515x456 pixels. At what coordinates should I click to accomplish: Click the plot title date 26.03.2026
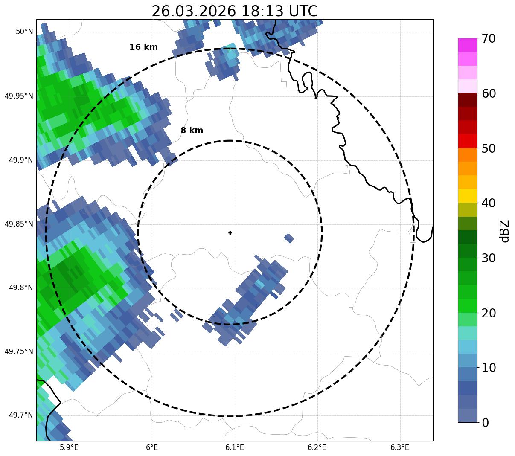tap(193, 11)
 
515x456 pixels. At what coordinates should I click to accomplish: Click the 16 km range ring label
tap(143, 47)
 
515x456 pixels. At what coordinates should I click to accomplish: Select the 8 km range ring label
tap(192, 131)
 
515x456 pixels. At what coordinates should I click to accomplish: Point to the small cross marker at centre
tap(230, 233)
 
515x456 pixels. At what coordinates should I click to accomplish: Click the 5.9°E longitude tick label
tap(69, 447)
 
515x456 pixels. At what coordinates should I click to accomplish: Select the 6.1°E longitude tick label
tap(235, 447)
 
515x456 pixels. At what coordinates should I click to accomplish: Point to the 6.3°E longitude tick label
tap(400, 447)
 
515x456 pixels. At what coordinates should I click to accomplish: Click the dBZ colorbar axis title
tap(505, 231)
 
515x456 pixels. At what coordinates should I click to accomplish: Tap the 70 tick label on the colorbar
tap(490, 38)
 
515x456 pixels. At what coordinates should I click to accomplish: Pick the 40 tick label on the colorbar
tap(490, 203)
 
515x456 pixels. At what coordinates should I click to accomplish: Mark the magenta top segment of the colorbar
tap(467, 45)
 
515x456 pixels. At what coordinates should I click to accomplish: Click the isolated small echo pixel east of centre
tap(289, 238)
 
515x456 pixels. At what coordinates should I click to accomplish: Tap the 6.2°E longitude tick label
tap(317, 447)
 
